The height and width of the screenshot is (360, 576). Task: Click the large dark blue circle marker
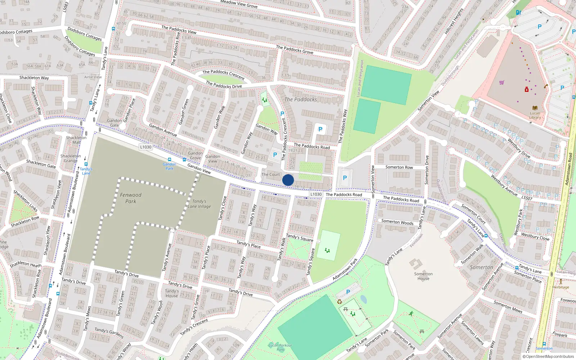click(x=288, y=180)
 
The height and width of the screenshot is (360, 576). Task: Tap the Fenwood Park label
click(x=131, y=198)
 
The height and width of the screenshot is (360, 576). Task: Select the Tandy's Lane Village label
click(x=199, y=204)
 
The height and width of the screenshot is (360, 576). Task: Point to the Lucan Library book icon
click(x=535, y=108)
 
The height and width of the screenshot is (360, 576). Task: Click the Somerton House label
click(x=423, y=276)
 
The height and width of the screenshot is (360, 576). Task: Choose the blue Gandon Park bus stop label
click(x=169, y=166)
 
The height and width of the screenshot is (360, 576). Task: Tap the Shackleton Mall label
click(x=76, y=140)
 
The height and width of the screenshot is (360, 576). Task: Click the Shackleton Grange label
click(x=71, y=158)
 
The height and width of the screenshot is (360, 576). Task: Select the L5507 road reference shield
click(x=527, y=198)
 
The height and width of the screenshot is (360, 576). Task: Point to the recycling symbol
click(x=339, y=301)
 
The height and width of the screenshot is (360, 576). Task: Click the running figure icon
click(x=411, y=314)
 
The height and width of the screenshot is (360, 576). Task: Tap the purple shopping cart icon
click(x=502, y=82)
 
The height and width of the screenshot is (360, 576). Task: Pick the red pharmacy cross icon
click(x=527, y=89)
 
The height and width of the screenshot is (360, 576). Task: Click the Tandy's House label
click(x=172, y=293)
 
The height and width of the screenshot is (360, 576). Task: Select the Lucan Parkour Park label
click(x=280, y=347)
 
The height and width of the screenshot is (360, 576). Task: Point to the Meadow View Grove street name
click(x=239, y=4)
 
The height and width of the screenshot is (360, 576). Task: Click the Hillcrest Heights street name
click(x=454, y=22)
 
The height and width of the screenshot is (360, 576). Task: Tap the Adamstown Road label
click(x=569, y=169)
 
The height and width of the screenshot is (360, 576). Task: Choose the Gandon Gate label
click(x=114, y=123)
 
